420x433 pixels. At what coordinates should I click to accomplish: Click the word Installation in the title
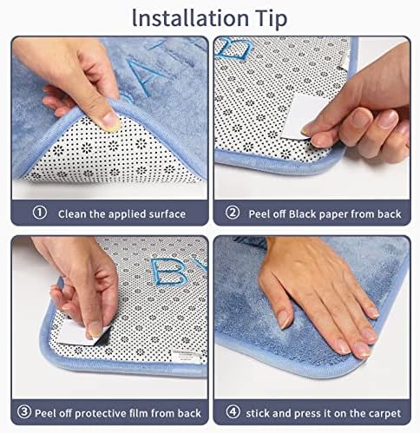[x=190, y=18]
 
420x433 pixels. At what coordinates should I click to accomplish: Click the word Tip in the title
[x=271, y=19]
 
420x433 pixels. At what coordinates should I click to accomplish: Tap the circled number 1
[x=40, y=213]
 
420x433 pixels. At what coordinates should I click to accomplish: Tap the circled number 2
[x=233, y=213]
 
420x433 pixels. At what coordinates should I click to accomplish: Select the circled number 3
[x=24, y=411]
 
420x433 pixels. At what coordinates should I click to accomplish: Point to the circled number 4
[x=233, y=411]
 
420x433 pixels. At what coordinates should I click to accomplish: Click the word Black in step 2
[x=304, y=214]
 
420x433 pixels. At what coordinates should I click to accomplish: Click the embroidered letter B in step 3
[x=167, y=272]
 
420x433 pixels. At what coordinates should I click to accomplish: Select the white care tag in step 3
[x=186, y=357]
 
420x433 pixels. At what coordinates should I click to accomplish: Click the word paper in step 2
[x=335, y=215]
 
